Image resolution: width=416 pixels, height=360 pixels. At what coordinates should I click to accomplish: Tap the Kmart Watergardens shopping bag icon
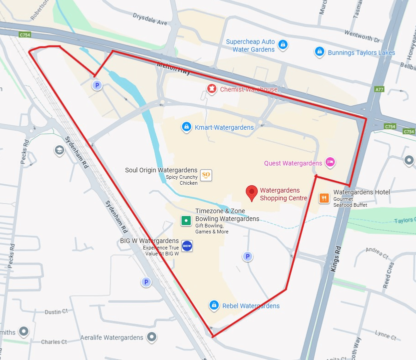[x=186, y=127]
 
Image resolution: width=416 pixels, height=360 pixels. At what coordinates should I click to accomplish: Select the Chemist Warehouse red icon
[x=212, y=89]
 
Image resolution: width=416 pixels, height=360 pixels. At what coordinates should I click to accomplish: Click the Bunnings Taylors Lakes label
[x=361, y=52]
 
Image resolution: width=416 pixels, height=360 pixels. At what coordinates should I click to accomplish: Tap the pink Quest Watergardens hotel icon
[x=329, y=162]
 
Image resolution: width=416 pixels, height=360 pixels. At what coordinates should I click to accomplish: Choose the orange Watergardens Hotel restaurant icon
[x=324, y=198]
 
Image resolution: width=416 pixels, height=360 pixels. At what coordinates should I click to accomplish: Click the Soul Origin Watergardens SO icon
[x=206, y=175]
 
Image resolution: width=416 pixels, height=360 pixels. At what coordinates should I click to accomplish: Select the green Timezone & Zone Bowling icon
[x=186, y=220]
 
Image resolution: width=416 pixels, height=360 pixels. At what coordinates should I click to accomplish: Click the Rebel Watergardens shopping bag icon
[x=214, y=305]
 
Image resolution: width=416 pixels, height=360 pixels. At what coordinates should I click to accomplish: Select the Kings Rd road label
[x=336, y=259]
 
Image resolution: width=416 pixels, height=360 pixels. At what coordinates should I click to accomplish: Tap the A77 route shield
[x=379, y=89]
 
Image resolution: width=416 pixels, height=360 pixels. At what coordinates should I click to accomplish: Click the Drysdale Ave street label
[x=150, y=22]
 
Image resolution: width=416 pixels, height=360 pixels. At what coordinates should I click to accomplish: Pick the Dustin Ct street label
[x=56, y=312]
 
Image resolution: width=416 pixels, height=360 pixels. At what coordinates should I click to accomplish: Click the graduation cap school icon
[x=59, y=150]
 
